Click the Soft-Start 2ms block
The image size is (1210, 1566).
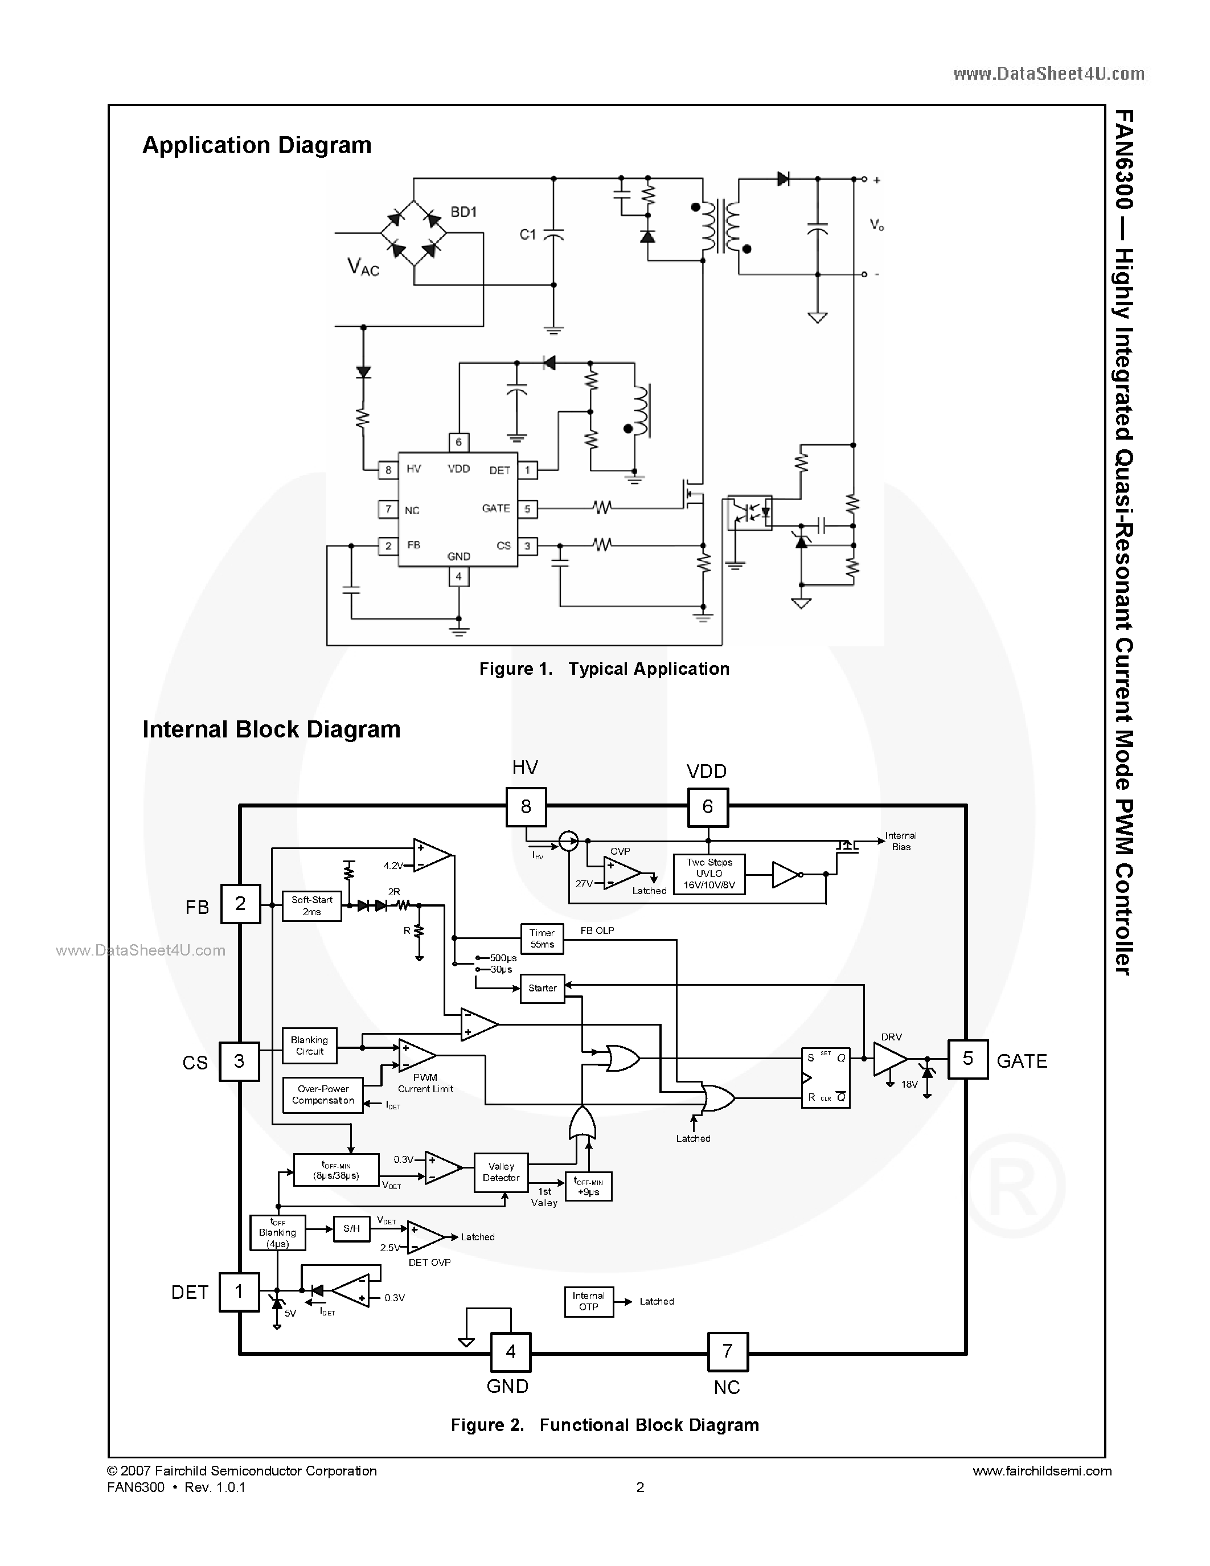point(312,905)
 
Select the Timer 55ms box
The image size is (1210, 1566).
point(542,938)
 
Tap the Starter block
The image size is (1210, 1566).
point(542,988)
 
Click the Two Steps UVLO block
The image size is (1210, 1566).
point(709,874)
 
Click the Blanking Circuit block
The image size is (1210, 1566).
point(309,1046)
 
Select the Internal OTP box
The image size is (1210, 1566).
point(589,1301)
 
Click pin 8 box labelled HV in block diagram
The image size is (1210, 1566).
point(526,807)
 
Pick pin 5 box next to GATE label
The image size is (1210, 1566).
point(967,1059)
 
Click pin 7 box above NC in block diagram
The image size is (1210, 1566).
point(727,1352)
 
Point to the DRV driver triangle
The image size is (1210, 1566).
point(889,1059)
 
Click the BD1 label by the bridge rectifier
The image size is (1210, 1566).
point(464,212)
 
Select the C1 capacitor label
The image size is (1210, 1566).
point(528,235)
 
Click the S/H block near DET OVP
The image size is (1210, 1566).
point(351,1228)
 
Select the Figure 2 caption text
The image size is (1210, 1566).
point(604,1425)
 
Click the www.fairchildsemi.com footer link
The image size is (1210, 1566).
point(1041,1471)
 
